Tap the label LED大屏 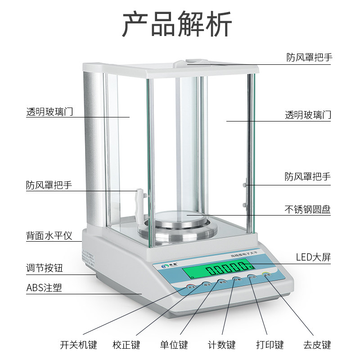[313, 257]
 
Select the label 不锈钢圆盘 [308, 209]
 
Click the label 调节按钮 [44, 269]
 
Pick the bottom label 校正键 [126, 345]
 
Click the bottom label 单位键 [174, 345]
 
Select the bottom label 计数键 [221, 345]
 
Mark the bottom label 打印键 [270, 345]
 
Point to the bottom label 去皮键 [317, 345]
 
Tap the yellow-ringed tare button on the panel [268, 276]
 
